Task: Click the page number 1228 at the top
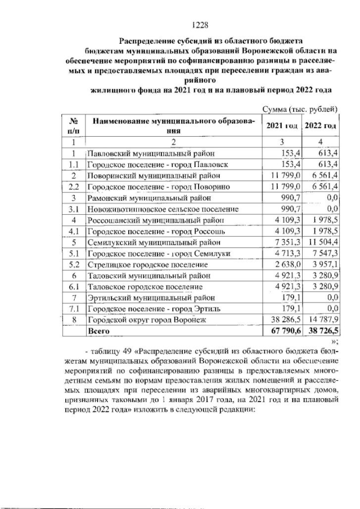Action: tap(200, 25)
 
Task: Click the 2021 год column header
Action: tap(281, 125)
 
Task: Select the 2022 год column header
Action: tap(320, 125)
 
